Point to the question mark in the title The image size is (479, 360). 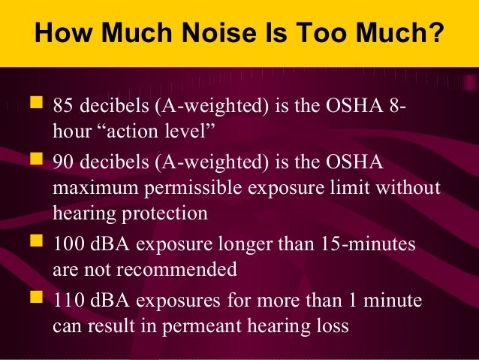point(435,35)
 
